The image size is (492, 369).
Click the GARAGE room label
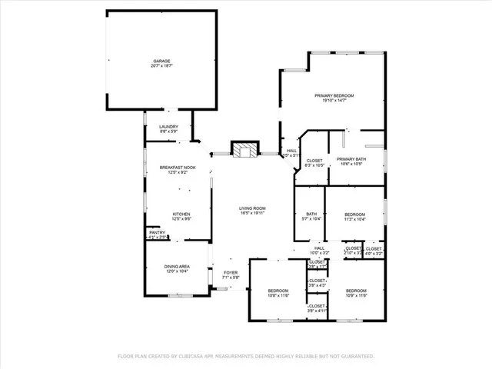[x=161, y=61]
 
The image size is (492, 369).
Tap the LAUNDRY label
[x=168, y=127]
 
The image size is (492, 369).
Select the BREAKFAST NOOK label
[x=178, y=168]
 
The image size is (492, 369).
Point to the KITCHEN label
[x=181, y=214]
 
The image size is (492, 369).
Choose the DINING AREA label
[x=177, y=267]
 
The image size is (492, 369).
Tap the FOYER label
[x=230, y=272]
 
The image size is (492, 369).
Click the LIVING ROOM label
[x=252, y=208]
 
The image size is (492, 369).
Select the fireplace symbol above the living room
[x=246, y=149]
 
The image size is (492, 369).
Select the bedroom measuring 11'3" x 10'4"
[x=354, y=214]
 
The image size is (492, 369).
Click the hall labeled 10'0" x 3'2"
[x=319, y=248]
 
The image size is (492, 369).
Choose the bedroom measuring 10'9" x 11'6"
[x=357, y=291]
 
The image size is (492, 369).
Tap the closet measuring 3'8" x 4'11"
[x=317, y=306]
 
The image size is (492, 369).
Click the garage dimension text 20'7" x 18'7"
[x=161, y=67]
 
